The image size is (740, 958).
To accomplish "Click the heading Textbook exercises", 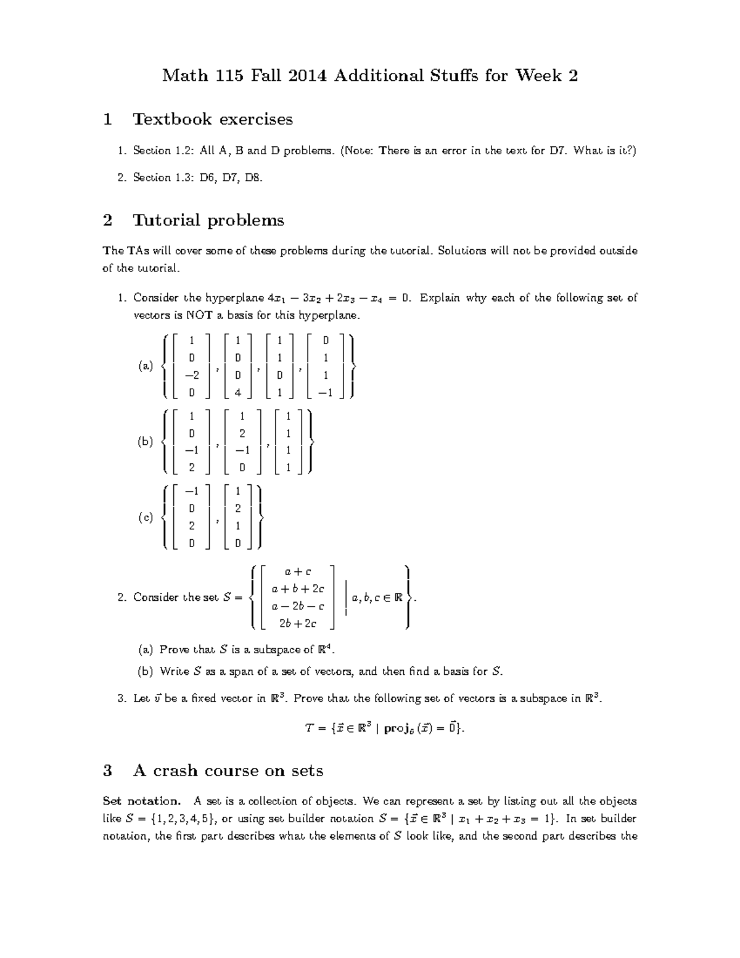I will [213, 119].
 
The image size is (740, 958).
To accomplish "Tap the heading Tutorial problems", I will [208, 220].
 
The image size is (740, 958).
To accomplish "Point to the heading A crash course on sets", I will [228, 770].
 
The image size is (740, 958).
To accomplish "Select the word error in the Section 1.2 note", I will [454, 151].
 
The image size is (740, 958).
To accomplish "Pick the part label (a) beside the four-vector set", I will [146, 366].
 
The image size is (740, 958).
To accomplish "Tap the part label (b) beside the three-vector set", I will [146, 442].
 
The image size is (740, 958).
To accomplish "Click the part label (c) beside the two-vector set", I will [146, 518].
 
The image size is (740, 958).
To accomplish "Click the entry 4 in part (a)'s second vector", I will [237, 392].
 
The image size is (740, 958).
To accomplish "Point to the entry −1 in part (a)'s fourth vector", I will [326, 392].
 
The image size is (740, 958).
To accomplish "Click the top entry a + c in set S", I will [298, 572].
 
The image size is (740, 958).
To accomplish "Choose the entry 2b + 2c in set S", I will [298, 624].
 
